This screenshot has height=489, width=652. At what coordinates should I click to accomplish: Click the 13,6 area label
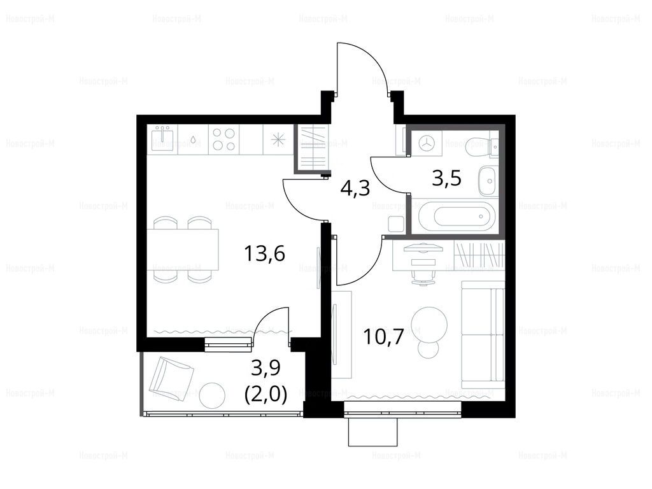[264, 253]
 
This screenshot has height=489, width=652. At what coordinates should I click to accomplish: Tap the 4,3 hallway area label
[355, 188]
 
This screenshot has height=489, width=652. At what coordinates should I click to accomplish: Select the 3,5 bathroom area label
[446, 179]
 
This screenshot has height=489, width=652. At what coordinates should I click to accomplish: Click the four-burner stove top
[223, 139]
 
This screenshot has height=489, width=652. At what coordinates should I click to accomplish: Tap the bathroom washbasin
[488, 181]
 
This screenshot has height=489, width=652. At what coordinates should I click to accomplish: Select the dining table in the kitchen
[183, 249]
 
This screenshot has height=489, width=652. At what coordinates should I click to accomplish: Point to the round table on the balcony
[213, 395]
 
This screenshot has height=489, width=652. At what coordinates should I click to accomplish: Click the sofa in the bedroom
[483, 331]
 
